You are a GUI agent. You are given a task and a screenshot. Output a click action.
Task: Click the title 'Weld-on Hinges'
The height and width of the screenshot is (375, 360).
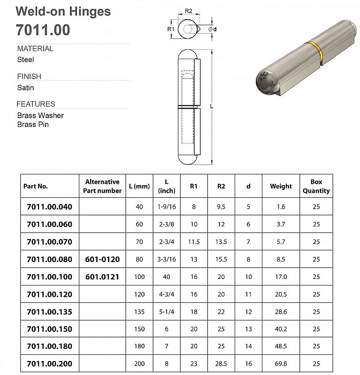pos(64,12)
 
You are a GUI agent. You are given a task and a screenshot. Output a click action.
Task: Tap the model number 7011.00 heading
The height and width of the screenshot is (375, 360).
pos(43,30)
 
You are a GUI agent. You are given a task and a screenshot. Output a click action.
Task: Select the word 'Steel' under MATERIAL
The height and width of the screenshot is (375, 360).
pos(26,60)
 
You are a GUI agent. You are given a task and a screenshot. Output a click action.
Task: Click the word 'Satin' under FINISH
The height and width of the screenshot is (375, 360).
pos(26,88)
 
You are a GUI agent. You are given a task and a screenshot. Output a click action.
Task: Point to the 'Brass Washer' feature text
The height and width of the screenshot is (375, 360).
pos(40,115)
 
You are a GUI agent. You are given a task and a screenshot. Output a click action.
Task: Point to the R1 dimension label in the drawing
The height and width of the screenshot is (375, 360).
pos(171,30)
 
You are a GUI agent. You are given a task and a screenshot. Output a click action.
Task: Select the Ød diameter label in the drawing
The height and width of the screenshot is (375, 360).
pos(212,30)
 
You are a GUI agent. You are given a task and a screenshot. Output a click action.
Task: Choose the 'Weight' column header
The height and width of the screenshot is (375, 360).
pos(281,186)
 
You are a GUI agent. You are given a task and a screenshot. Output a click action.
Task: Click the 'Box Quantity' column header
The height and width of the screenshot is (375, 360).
pos(316,186)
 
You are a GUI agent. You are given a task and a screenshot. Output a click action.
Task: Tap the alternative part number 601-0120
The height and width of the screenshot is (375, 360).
pos(102,259)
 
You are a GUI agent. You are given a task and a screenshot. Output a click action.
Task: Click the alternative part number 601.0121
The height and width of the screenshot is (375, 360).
pos(102,277)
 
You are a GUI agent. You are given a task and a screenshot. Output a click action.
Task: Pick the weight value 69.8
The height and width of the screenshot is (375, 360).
pos(281,364)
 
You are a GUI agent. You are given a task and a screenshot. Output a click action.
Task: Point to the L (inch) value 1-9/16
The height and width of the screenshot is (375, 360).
pos(167,207)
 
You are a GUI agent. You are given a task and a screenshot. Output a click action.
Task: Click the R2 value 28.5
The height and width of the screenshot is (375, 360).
pos(221,364)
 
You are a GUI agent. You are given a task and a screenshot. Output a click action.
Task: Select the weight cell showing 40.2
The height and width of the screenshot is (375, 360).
pos(281,329)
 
